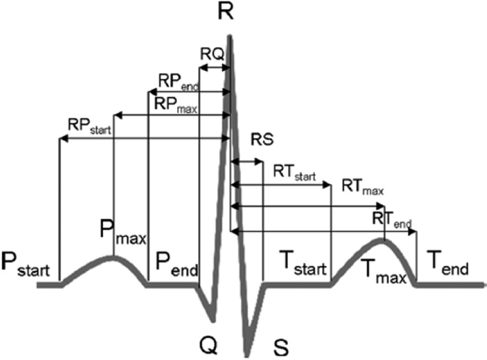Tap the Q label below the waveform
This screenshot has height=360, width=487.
pos(209,344)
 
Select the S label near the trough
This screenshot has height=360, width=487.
pos(282,346)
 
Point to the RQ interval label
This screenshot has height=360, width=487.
pos(213,55)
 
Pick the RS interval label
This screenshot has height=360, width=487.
pos(262,139)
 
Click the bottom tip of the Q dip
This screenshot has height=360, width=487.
pos(212,318)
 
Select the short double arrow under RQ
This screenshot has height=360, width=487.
pos(213,68)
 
